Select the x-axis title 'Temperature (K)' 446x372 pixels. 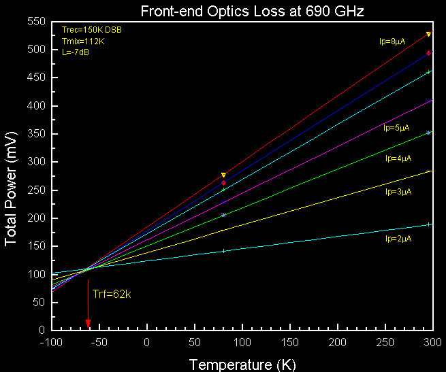[242, 364]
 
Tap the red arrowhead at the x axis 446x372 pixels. [88, 323]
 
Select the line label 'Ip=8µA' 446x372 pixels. [392, 41]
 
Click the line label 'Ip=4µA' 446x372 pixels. [398, 158]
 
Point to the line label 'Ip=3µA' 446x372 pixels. [398, 192]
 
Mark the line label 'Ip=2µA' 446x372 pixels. [398, 239]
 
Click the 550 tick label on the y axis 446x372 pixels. [35, 22]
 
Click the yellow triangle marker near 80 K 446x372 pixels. [223, 175]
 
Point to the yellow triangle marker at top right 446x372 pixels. [428, 34]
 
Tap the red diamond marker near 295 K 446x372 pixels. [428, 53]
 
